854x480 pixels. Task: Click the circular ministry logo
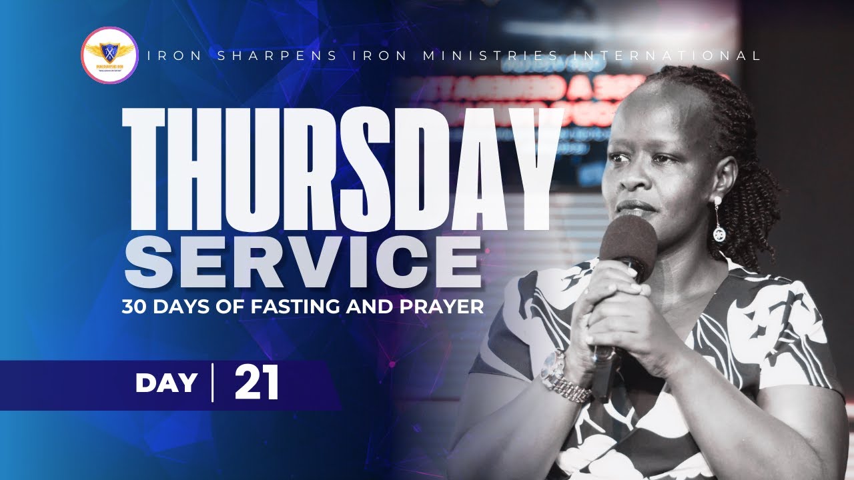pos(109,55)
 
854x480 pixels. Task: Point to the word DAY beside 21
pos(166,383)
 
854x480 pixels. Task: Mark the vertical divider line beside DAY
pos(213,383)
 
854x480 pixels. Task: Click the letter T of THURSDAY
pos(151,169)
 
